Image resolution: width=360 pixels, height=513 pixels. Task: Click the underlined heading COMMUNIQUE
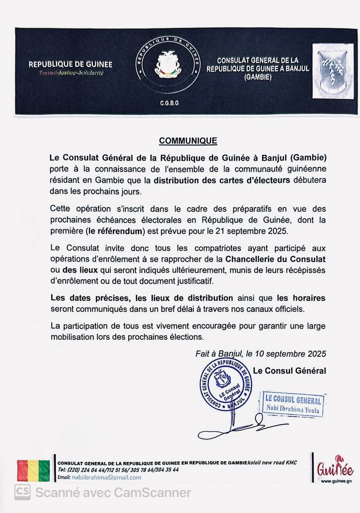point(188,141)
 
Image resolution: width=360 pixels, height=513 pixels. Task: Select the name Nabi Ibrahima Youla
point(292,409)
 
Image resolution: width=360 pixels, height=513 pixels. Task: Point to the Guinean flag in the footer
point(33,471)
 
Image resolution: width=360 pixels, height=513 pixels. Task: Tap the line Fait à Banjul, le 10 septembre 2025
point(261,354)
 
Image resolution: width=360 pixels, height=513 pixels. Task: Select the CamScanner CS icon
point(22,492)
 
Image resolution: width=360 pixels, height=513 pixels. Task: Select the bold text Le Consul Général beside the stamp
point(289,371)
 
